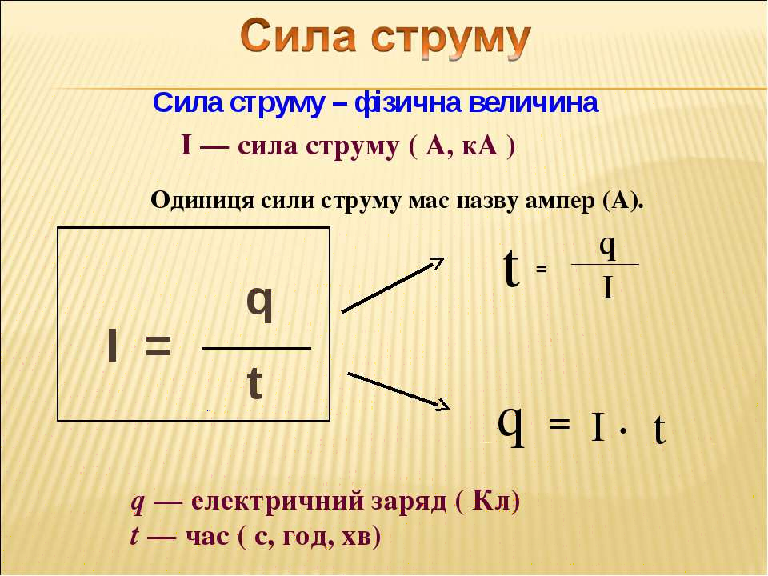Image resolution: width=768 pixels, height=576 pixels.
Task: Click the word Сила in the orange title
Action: point(298,36)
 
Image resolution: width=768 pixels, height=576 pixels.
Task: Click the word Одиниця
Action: point(202,200)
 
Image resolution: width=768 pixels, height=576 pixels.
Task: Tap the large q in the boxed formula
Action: point(259,304)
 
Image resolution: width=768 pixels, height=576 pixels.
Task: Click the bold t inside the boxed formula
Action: point(254,383)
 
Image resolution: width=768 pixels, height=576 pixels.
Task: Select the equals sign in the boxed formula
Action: point(158,346)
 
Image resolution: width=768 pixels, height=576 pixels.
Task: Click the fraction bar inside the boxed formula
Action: point(257,348)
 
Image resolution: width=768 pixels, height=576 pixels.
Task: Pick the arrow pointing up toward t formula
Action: point(392,285)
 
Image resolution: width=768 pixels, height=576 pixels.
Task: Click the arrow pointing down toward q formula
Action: point(398,391)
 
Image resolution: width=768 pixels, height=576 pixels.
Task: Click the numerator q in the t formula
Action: point(607,247)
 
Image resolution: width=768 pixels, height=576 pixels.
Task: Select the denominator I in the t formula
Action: point(608,287)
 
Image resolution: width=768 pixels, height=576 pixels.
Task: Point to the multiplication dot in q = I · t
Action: point(622,430)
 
